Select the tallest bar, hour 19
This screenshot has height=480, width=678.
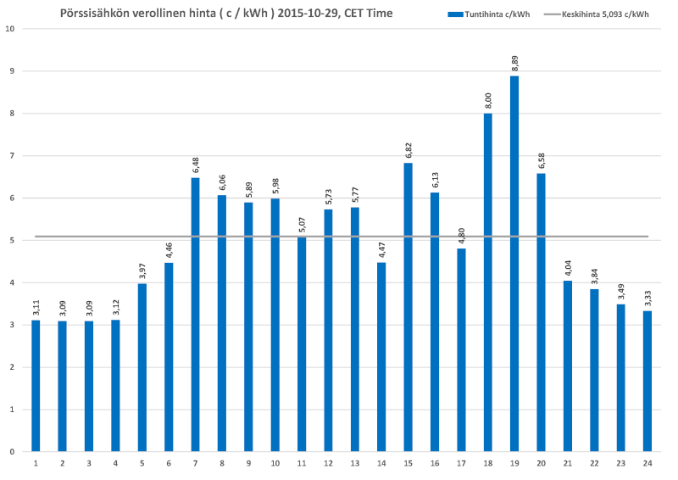coord(514,263)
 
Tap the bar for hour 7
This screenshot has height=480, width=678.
coord(195,314)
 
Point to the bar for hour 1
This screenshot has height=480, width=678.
coord(36,386)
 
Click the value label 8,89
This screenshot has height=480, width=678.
coord(514,63)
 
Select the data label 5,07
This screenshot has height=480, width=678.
coord(301,224)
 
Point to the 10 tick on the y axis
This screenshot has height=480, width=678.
coord(10,29)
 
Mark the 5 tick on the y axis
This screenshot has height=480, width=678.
coord(12,240)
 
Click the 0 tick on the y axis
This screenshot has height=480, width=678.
coord(12,452)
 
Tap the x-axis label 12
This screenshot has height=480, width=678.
coord(328,463)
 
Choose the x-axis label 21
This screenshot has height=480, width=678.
coord(567,463)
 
